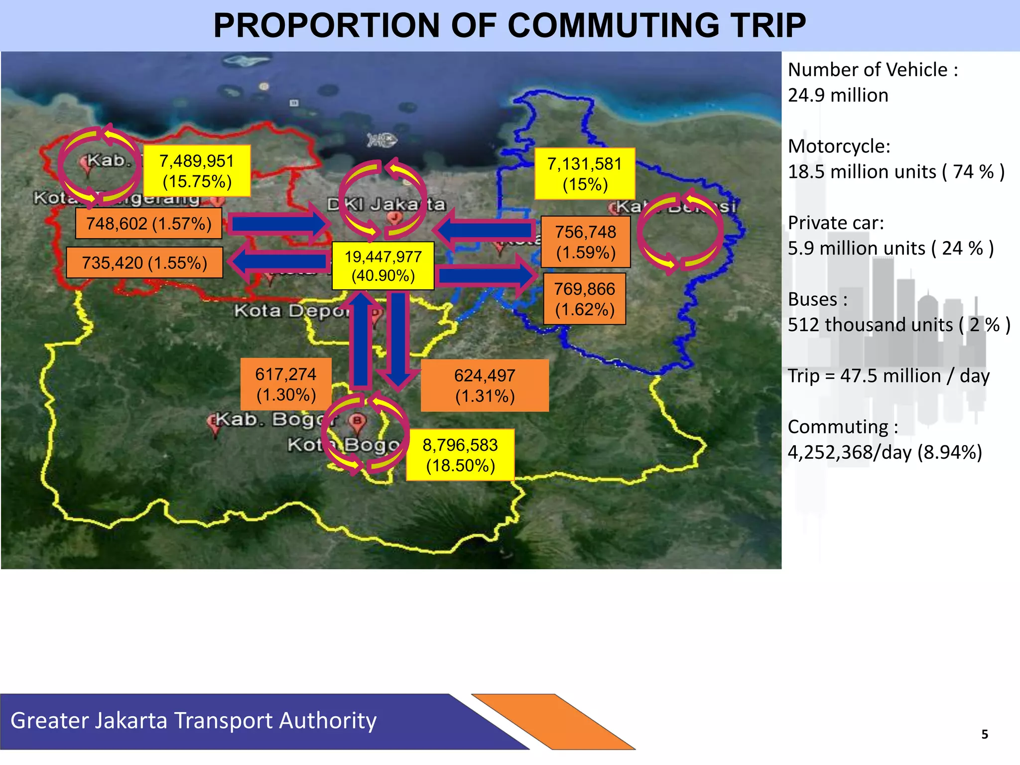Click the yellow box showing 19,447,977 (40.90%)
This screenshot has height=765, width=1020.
click(382, 266)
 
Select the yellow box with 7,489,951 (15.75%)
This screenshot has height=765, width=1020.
click(197, 171)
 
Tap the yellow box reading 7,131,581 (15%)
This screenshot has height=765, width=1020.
click(585, 174)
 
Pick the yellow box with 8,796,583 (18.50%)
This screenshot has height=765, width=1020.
click(460, 455)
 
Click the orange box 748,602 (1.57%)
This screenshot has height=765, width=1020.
click(148, 224)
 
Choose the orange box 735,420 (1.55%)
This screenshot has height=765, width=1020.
click(144, 262)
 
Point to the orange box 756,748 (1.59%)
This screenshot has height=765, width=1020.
click(586, 242)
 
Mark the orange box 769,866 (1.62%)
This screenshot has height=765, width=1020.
click(584, 299)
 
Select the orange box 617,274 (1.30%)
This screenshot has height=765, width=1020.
click(286, 384)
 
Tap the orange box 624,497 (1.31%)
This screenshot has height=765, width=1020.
click(485, 385)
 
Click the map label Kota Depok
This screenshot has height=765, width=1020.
click(291, 311)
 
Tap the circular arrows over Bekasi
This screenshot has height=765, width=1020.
click(680, 232)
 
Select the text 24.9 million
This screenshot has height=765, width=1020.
click(838, 95)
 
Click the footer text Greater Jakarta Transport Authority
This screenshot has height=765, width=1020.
click(193, 721)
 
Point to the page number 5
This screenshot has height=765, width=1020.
click(984, 734)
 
